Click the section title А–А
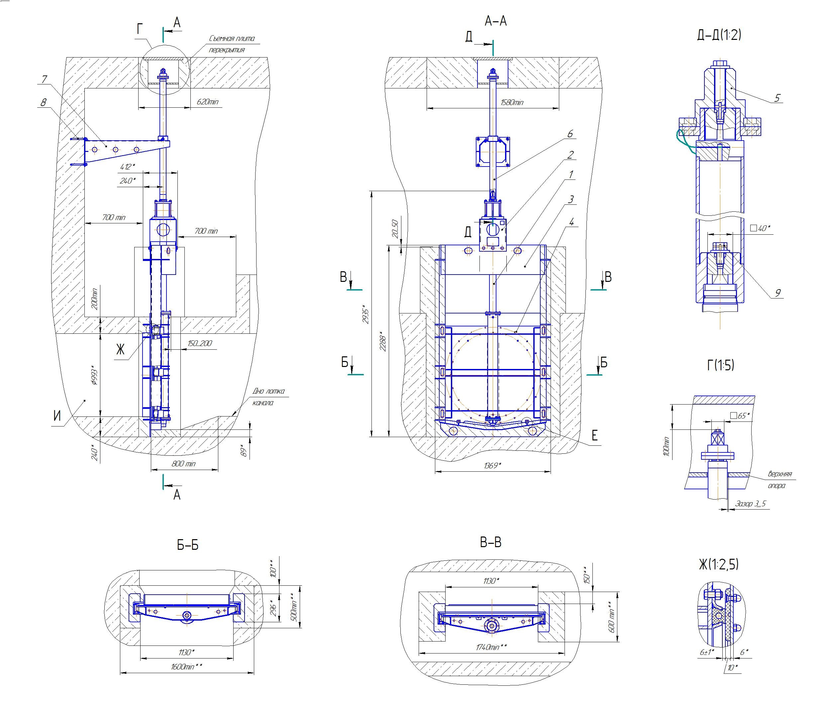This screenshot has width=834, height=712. (495, 21)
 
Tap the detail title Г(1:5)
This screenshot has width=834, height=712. (720, 365)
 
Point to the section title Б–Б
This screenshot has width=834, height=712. (188, 545)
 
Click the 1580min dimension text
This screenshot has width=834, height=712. (512, 103)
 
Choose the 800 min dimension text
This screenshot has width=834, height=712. (183, 463)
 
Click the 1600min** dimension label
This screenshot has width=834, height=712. (186, 666)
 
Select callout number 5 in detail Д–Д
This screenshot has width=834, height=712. (777, 98)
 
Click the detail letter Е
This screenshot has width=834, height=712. (594, 435)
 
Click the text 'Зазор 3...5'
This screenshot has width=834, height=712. (750, 503)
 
